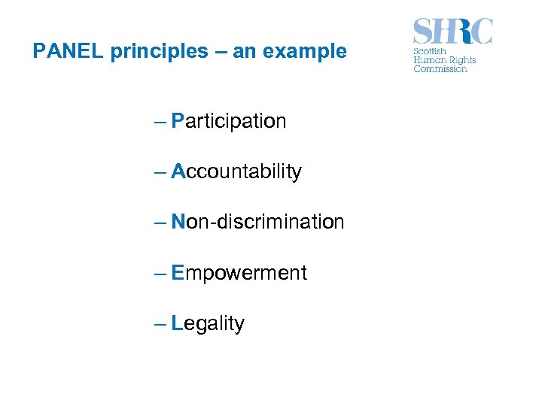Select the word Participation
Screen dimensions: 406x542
tap(229, 121)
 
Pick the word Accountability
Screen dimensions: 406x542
tap(236, 171)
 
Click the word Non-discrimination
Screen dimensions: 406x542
tap(257, 222)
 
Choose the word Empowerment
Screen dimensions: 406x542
tap(239, 272)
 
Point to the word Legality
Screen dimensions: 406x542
tap(208, 323)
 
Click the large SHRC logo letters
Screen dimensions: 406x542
tap(452, 32)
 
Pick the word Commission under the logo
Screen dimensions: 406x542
tap(440, 69)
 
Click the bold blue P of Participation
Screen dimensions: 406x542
tap(178, 121)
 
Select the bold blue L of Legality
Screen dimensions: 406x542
tap(177, 323)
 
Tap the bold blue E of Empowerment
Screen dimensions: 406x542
tap(178, 272)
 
